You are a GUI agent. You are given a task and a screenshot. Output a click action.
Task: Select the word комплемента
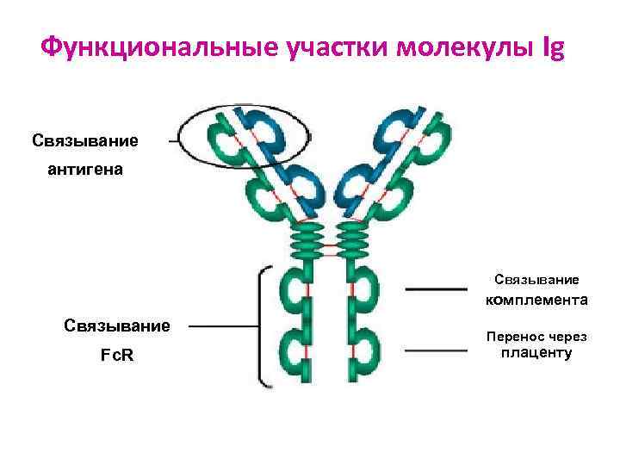point(536,301)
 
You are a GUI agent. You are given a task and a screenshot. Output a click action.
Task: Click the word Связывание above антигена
point(84,139)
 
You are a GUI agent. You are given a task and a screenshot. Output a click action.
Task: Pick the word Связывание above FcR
point(117,325)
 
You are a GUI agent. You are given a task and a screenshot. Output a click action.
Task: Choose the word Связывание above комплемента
point(536,279)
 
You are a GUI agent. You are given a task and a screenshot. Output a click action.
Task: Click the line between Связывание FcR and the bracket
point(222,326)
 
